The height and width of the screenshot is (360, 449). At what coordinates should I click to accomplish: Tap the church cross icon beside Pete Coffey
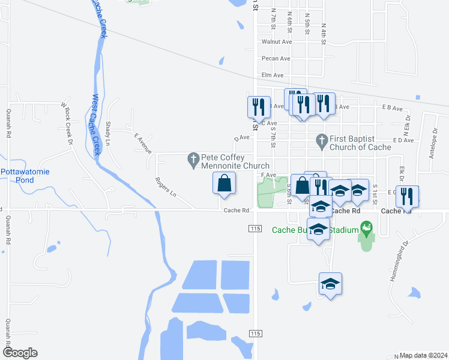coord(193,158)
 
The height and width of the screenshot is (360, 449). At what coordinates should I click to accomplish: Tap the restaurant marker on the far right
coord(408,196)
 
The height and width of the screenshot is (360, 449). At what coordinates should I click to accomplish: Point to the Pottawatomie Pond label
coord(25,176)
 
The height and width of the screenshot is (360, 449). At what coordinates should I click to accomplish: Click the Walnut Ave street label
coord(276,42)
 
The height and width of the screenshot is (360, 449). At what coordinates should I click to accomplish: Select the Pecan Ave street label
coord(276,59)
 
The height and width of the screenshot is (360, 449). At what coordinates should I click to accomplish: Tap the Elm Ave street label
coord(272,76)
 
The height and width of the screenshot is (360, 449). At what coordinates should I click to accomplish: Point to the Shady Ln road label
coord(108,133)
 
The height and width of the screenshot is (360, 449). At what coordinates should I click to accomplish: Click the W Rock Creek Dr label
coord(66,124)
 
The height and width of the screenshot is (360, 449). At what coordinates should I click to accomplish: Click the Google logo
coord(20,353)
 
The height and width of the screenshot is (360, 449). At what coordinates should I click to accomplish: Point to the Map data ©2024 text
coord(423,355)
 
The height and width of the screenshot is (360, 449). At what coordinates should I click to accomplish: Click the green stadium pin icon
coord(366,229)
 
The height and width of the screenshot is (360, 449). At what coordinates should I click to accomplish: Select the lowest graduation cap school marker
coord(330,284)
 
